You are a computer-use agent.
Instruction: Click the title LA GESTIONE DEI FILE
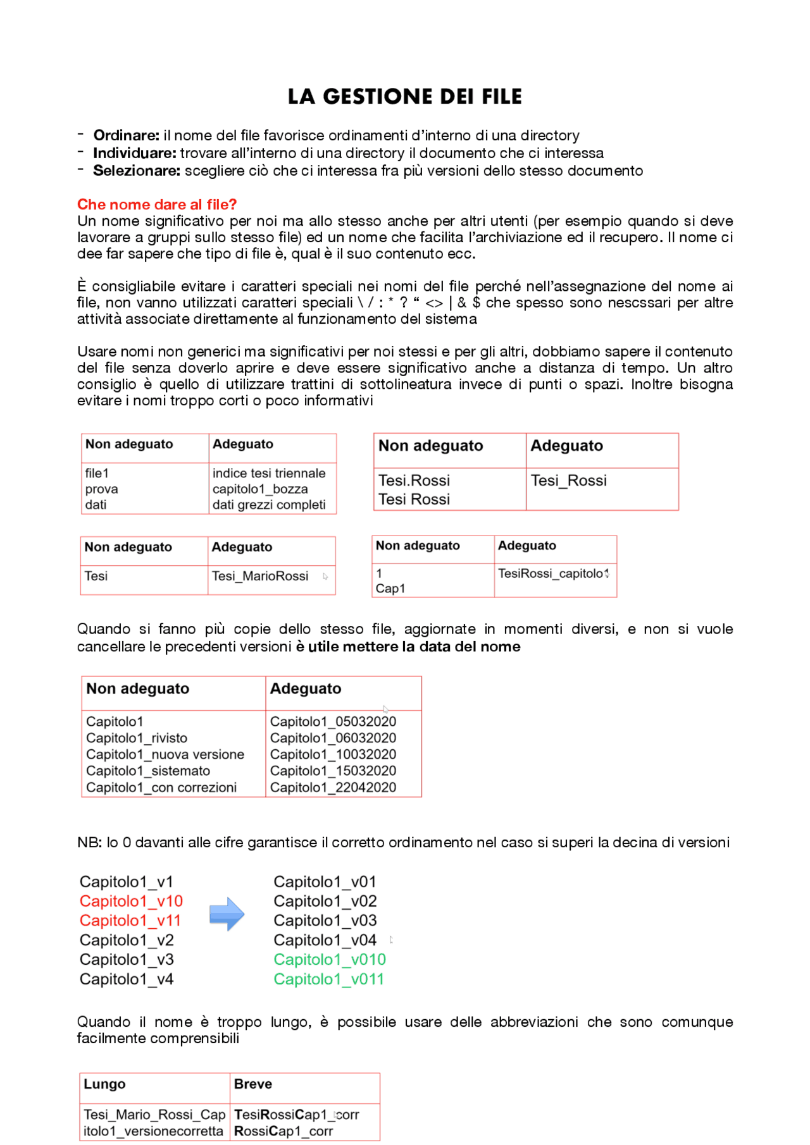(x=404, y=96)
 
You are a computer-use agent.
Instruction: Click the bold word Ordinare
(x=126, y=135)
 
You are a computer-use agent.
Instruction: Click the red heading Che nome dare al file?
(x=156, y=204)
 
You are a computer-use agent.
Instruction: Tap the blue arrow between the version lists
(x=227, y=914)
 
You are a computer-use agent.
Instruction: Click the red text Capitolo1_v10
(x=131, y=901)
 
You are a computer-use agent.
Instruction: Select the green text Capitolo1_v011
(x=328, y=979)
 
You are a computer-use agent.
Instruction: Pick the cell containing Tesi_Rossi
(x=568, y=481)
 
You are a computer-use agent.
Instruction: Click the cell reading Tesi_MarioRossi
(x=259, y=576)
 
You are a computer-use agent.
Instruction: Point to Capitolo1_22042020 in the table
(x=333, y=787)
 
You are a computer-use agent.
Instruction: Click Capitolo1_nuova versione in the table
(x=165, y=754)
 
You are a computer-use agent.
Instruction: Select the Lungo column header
(x=104, y=1084)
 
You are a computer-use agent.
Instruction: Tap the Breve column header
(x=252, y=1084)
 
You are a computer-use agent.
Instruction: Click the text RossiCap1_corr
(x=283, y=1131)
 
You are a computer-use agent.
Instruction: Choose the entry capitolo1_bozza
(x=259, y=489)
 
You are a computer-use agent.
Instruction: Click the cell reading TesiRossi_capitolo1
(x=552, y=573)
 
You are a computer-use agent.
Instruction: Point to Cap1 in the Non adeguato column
(x=390, y=589)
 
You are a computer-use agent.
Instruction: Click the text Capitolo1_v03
(x=325, y=921)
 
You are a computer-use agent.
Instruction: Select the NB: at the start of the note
(x=89, y=842)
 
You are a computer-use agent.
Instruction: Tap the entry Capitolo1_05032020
(x=333, y=721)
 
